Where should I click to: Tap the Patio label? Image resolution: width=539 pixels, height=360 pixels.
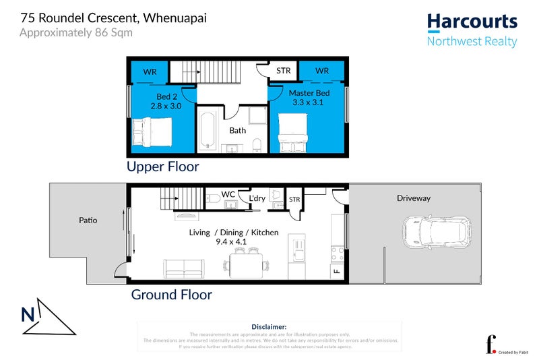click(x=88, y=220)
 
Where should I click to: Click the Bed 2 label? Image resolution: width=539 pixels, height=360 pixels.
click(x=164, y=102)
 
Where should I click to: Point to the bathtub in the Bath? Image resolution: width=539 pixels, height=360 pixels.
click(x=208, y=129)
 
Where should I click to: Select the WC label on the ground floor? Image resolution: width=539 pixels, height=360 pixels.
click(x=228, y=194)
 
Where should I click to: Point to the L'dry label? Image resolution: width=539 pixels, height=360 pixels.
click(x=257, y=198)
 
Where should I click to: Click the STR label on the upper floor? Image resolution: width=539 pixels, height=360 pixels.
click(x=283, y=70)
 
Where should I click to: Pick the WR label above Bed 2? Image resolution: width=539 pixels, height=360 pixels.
click(x=149, y=70)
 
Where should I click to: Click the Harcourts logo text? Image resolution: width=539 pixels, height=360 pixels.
click(x=472, y=22)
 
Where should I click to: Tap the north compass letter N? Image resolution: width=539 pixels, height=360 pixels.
click(x=28, y=314)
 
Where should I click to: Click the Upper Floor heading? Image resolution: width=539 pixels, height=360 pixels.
click(x=163, y=166)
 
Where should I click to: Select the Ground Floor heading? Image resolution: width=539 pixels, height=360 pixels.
click(x=171, y=295)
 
